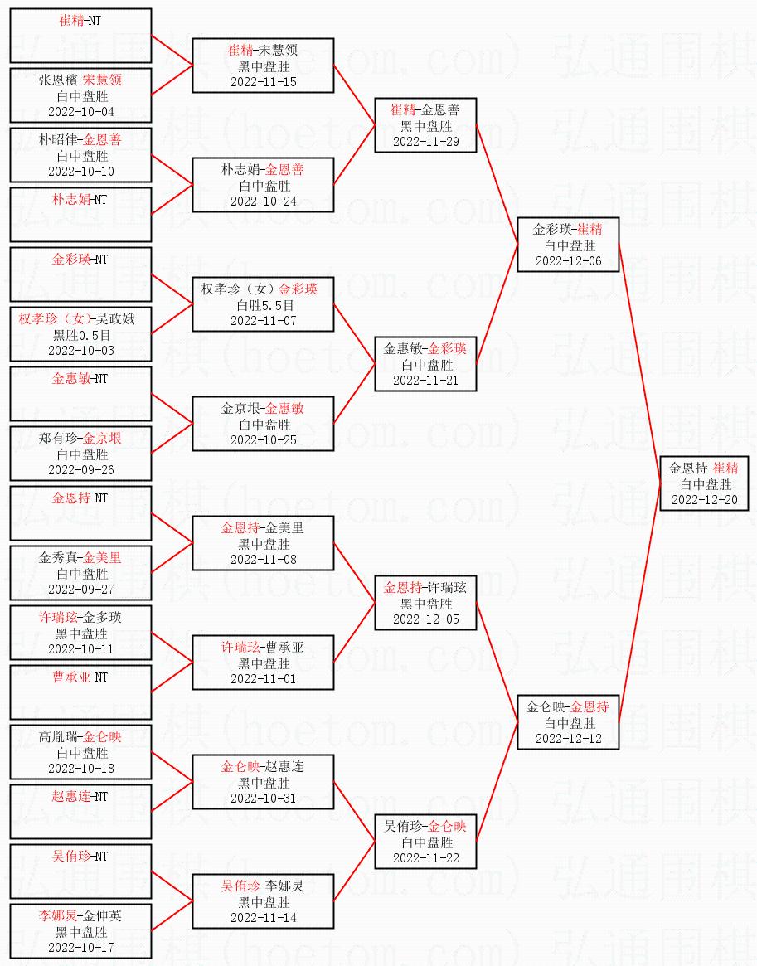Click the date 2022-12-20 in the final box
(705, 500)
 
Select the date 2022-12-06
(568, 261)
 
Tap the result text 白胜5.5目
(263, 306)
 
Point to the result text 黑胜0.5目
(80, 336)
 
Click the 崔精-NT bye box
(80, 36)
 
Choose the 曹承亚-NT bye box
(80, 692)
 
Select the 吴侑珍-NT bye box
(80, 871)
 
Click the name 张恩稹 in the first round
(58, 80)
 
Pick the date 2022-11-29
(425, 142)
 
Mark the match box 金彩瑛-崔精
(568, 245)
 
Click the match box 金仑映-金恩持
(568, 722)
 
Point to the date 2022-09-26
(80, 470)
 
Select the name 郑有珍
(58, 439)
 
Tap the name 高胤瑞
(58, 737)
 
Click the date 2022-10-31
(263, 799)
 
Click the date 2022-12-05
(425, 619)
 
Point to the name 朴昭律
(58, 140)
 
